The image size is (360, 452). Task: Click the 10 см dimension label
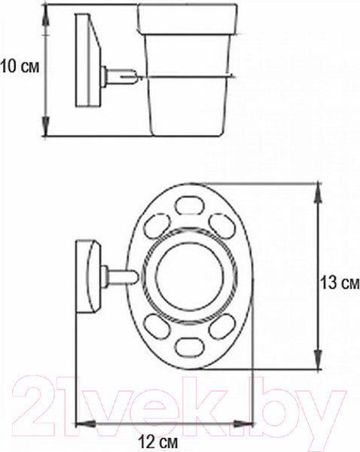pyautogui.click(x=20, y=66)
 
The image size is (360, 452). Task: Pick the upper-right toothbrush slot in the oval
pyautogui.click(x=219, y=223)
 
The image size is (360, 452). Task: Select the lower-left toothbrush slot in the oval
pyautogui.click(x=154, y=328)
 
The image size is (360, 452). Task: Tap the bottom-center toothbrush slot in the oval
pyautogui.click(x=188, y=348)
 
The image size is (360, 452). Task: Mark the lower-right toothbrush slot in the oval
pyautogui.click(x=219, y=328)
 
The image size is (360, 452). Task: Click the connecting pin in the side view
pyautogui.click(x=123, y=75)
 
